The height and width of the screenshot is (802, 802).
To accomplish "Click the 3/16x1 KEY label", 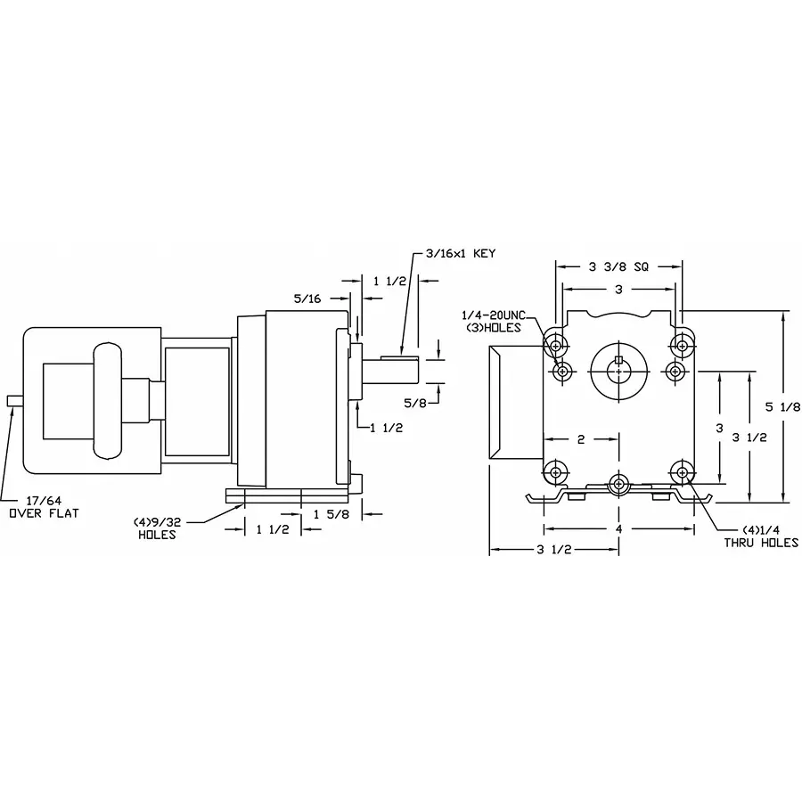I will coord(460,253).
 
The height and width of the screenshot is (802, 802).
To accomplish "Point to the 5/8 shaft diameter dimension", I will coord(414,402).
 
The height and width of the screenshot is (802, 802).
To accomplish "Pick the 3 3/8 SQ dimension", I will coord(618,266).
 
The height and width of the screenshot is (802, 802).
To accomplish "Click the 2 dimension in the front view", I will coord(580,438).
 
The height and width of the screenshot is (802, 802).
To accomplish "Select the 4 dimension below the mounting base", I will coord(618,529).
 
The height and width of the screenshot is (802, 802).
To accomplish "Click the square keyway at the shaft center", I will coord(618,359).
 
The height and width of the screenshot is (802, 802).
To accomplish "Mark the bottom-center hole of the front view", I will coord(618,484).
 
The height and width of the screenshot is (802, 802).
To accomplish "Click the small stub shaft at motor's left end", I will coord(12,402).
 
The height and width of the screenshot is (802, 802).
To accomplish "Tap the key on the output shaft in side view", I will coord(400,357).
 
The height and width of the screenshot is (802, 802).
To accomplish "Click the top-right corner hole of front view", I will coord(683,344).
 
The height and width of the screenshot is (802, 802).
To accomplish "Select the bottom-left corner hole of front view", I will coord(556,471).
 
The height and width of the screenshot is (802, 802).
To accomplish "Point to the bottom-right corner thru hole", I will coord(683,471).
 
